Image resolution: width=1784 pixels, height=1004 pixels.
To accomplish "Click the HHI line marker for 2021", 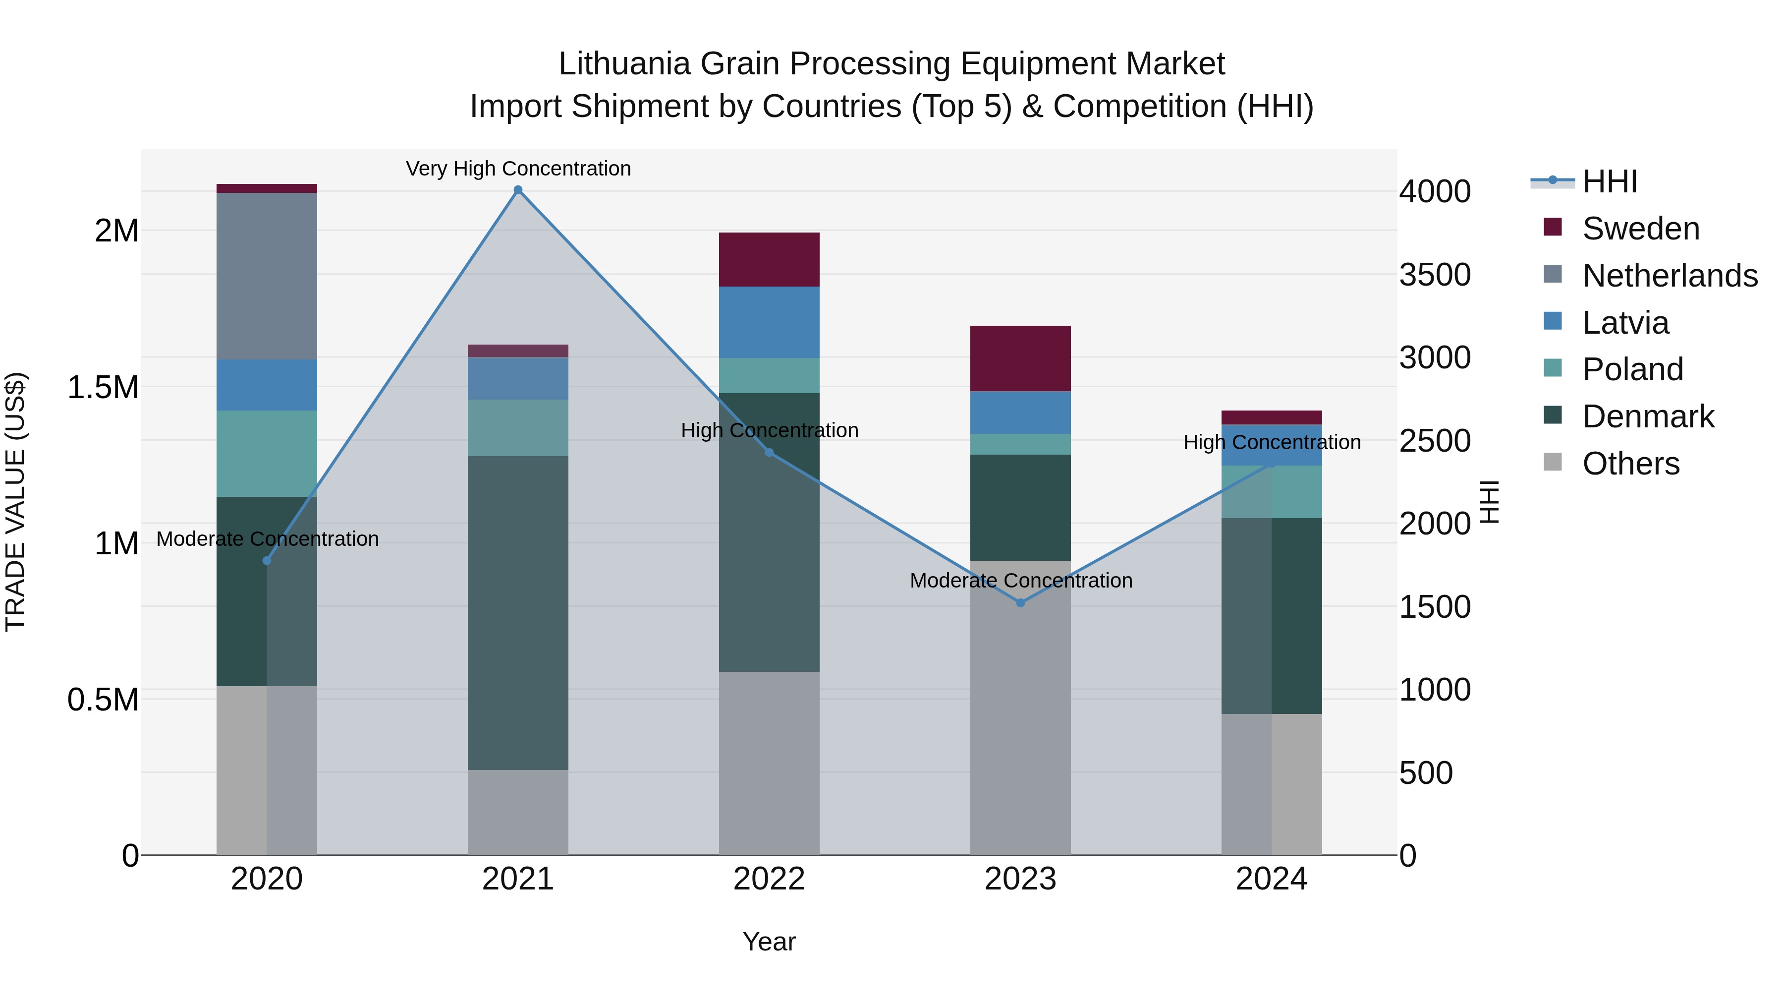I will pyautogui.click(x=518, y=190).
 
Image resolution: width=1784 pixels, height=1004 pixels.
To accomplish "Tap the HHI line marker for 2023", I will pyautogui.click(x=1020, y=603).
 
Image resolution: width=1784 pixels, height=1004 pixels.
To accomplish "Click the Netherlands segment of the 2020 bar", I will pyautogui.click(x=267, y=276).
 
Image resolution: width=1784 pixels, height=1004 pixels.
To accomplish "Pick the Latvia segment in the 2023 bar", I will pyautogui.click(x=1020, y=413).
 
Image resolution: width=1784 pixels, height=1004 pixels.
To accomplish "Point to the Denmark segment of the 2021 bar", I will pyautogui.click(x=518, y=612).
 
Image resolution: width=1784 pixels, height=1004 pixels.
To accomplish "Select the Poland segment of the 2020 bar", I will pyautogui.click(x=267, y=453).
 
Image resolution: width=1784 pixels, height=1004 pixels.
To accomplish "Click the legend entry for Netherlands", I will pyautogui.click(x=1669, y=276).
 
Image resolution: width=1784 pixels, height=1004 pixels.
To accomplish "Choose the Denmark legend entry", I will pyautogui.click(x=1648, y=416).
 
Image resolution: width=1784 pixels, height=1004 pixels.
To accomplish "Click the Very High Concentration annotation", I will pyautogui.click(x=518, y=169).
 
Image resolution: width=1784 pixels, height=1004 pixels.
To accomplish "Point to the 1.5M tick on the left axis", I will pyautogui.click(x=103, y=387).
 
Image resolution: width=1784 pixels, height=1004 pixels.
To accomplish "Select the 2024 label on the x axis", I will pyautogui.click(x=1272, y=879).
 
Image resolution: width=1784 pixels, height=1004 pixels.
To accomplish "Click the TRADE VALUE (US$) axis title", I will pyautogui.click(x=15, y=502).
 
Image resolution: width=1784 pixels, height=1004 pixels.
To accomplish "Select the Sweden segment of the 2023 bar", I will pyautogui.click(x=1020, y=358).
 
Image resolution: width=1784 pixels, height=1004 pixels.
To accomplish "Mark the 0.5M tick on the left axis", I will pyautogui.click(x=103, y=700).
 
